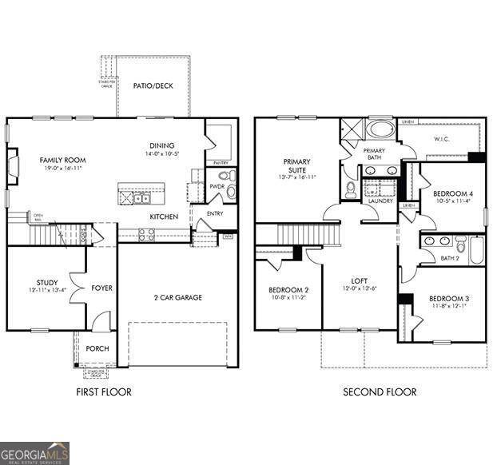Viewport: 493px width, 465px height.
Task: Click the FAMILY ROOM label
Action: pyautogui.click(x=62, y=161)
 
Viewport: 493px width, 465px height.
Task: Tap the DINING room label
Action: pyautogui.click(x=161, y=145)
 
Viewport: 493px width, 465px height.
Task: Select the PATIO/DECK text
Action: pyautogui.click(x=153, y=86)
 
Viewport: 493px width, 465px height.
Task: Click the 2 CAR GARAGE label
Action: pyautogui.click(x=177, y=297)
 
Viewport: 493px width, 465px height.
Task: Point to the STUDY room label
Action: pyautogui.click(x=36, y=283)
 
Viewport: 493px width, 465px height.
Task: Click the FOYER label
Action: pyautogui.click(x=101, y=288)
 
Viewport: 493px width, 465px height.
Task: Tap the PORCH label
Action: pyautogui.click(x=97, y=348)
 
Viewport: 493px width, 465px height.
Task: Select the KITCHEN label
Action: pyautogui.click(x=164, y=217)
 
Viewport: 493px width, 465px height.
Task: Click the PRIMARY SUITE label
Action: pyautogui.click(x=296, y=165)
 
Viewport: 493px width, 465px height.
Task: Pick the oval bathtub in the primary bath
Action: pyautogui.click(x=380, y=130)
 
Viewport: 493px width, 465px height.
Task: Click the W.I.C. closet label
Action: pyautogui.click(x=444, y=138)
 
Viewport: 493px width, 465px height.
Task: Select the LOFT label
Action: pyautogui.click(x=359, y=281)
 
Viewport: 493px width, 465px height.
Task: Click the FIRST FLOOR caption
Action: pyautogui.click(x=103, y=392)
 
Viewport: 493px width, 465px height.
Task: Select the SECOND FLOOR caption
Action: pyautogui.click(x=380, y=392)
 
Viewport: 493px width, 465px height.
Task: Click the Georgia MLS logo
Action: pyautogui.click(x=34, y=453)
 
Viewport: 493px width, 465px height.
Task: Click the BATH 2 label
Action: pyautogui.click(x=451, y=258)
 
